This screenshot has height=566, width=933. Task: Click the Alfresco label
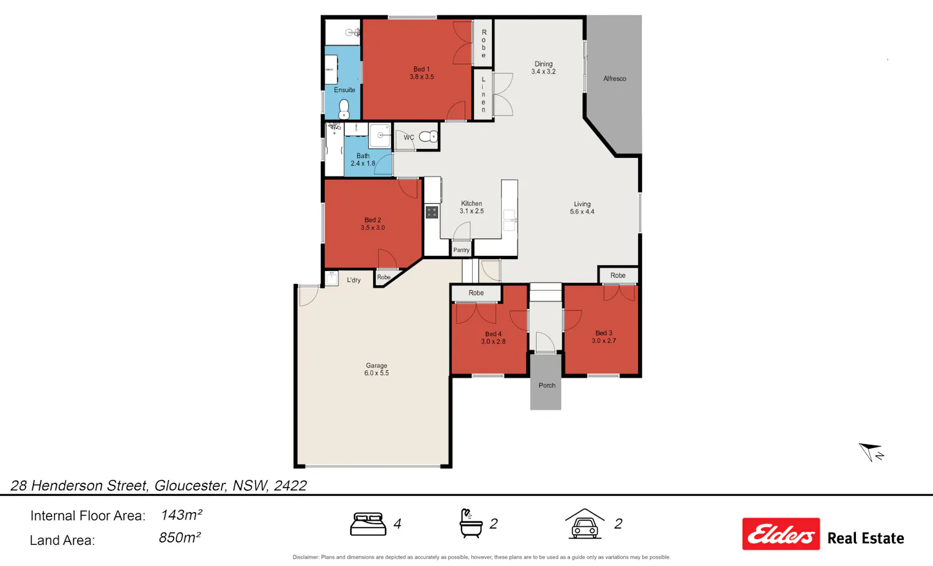click(x=615, y=79)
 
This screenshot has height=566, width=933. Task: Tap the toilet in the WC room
click(x=428, y=136)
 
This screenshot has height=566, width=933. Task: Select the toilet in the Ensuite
click(x=343, y=109)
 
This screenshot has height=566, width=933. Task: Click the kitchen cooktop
click(x=432, y=212)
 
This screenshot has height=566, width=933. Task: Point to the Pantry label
click(x=461, y=250)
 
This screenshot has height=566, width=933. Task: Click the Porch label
click(x=547, y=385)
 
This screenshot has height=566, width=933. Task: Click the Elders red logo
click(x=781, y=534)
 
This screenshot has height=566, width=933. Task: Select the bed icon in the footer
click(x=368, y=524)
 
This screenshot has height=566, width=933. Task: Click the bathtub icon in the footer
click(x=471, y=524)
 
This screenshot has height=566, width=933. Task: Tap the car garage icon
click(x=585, y=524)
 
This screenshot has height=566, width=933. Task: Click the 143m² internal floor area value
click(x=182, y=515)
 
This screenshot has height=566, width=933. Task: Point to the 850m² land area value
click(x=180, y=537)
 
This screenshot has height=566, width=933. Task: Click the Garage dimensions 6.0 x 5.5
click(x=376, y=373)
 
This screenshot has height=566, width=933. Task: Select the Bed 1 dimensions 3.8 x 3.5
click(x=422, y=77)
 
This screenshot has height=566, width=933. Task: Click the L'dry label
click(x=354, y=280)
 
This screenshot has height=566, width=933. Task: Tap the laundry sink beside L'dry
click(x=332, y=278)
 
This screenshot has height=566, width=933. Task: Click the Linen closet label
click(x=483, y=94)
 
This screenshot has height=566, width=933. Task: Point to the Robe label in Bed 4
click(x=476, y=293)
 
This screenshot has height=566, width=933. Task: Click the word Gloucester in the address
click(x=190, y=486)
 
